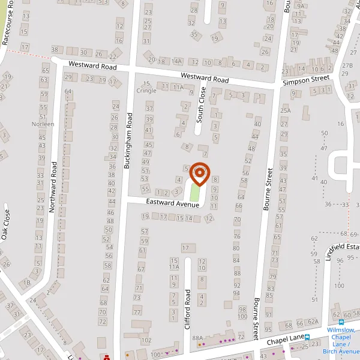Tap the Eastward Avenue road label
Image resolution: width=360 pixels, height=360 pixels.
coord(172,204)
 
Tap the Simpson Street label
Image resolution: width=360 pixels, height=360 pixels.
coord(306,78)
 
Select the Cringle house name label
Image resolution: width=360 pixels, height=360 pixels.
coord(146,91)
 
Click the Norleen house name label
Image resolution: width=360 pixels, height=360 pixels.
coord(44,124)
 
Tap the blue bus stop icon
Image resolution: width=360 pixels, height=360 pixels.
coord(307,338)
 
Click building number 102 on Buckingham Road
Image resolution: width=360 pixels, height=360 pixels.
coord(145,340)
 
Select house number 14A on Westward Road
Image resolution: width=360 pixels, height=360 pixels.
coord(176,61)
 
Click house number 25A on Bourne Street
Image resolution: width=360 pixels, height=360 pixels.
coord(285,110)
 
